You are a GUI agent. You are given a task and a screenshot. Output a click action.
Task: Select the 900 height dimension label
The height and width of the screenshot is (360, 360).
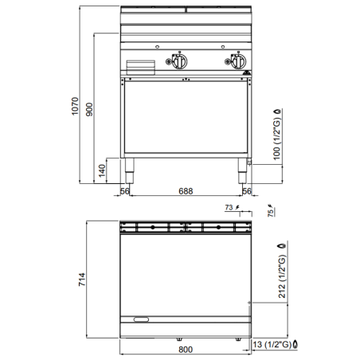(x=90, y=111)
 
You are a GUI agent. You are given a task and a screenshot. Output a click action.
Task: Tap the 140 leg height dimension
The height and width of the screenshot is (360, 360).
(x=101, y=170)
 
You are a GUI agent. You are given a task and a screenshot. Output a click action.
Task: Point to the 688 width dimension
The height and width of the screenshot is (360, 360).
(x=185, y=192)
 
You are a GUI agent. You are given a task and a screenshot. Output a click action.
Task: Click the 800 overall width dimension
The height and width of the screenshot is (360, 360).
(x=186, y=348)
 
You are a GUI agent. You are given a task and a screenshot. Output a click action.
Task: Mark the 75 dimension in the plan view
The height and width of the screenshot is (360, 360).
(x=270, y=213)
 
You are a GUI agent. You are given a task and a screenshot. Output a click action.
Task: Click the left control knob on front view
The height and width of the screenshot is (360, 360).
(x=180, y=62)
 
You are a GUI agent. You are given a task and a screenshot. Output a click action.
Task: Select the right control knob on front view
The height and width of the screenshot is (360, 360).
(x=237, y=62)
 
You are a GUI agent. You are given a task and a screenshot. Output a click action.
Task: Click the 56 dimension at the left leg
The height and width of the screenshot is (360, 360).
(x=125, y=192)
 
